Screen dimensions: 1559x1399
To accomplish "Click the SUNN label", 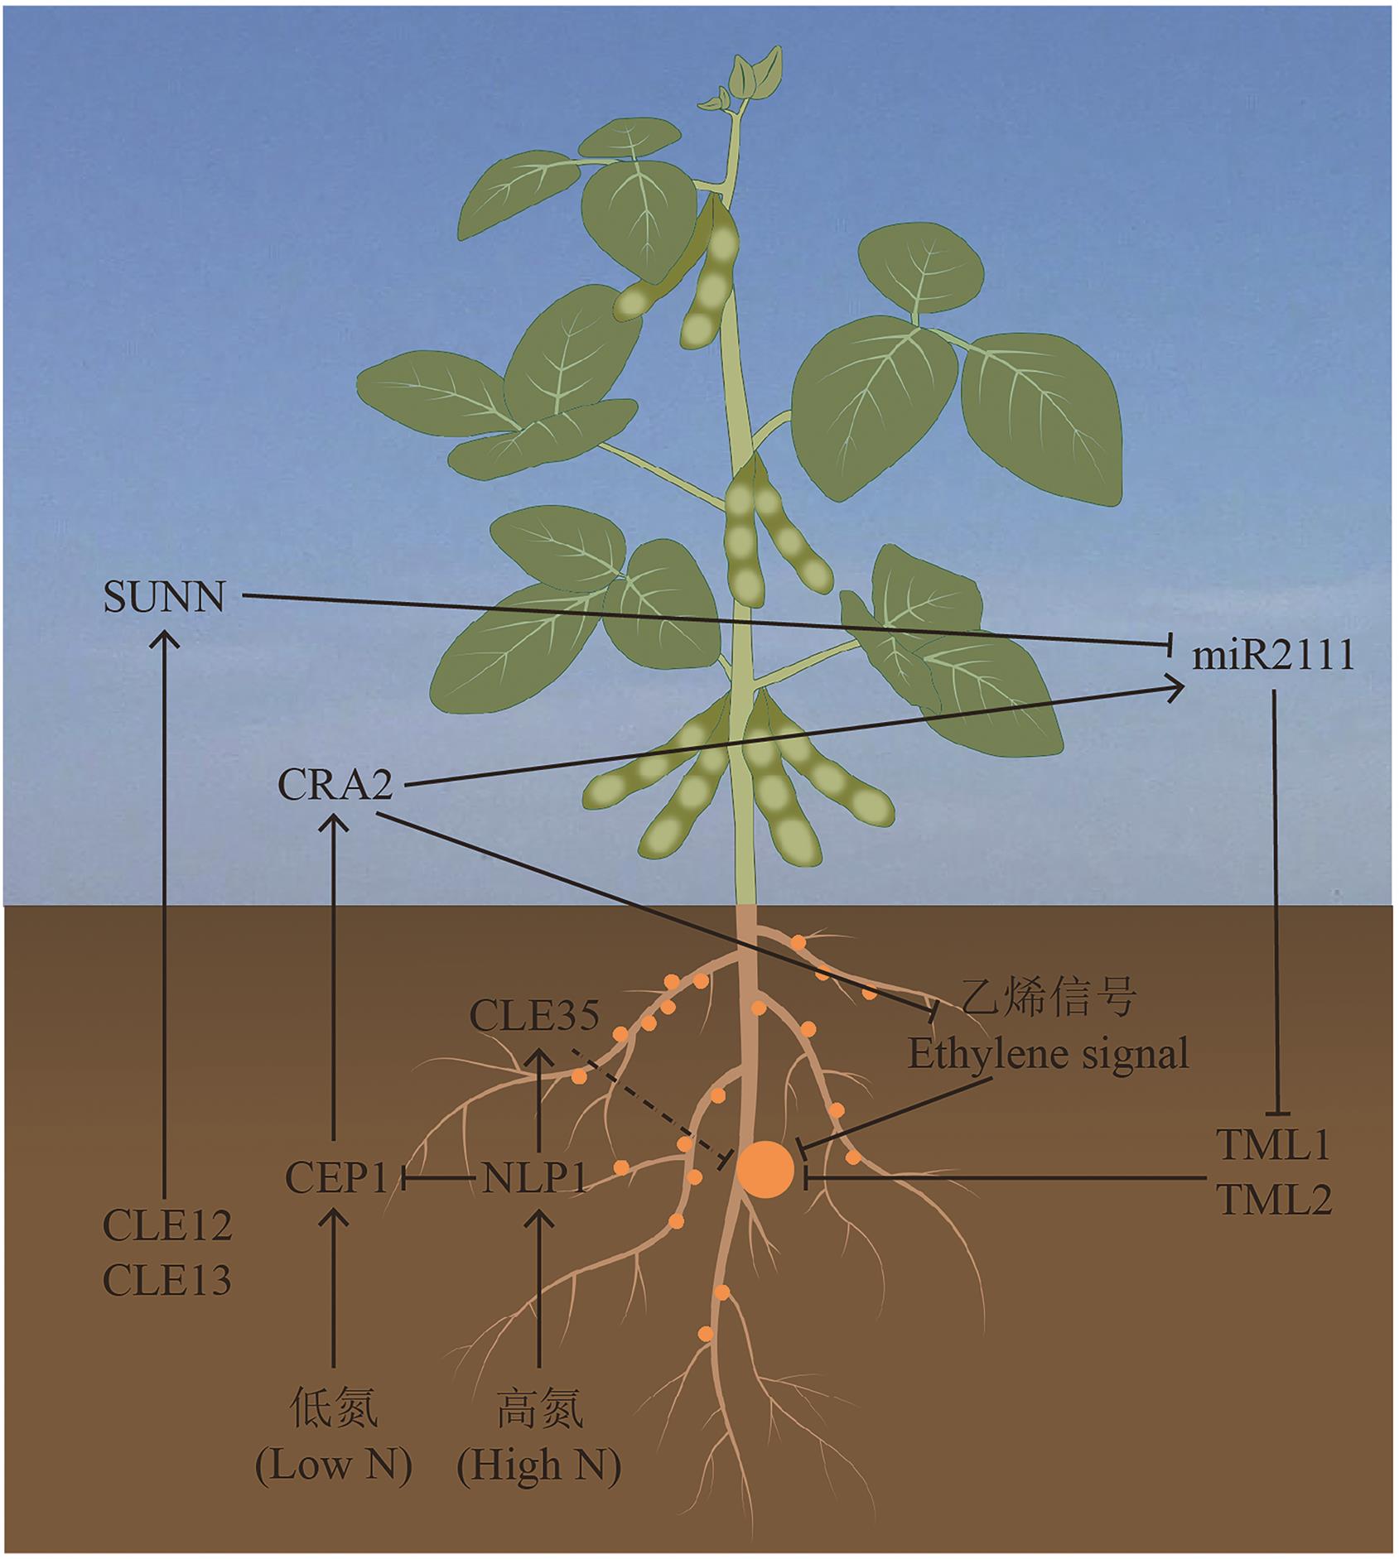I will click(x=164, y=597).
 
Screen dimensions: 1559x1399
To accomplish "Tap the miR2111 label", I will click(x=1272, y=657).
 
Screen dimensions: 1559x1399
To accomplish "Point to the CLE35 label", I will click(x=534, y=1016).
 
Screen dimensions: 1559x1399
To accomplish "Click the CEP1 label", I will click(x=336, y=1177).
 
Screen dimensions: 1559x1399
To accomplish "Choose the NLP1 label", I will click(x=534, y=1177).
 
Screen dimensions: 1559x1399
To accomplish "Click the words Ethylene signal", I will click(x=1048, y=1054).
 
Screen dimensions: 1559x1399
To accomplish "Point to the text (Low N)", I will click(x=334, y=1466).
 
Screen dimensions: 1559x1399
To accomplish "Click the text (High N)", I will click(x=539, y=1466).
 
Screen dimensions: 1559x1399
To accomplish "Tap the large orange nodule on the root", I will click(x=765, y=1168).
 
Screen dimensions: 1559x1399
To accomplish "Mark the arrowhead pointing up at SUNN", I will click(x=166, y=638).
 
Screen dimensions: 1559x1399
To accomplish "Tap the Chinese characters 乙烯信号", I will click(x=1047, y=998).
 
